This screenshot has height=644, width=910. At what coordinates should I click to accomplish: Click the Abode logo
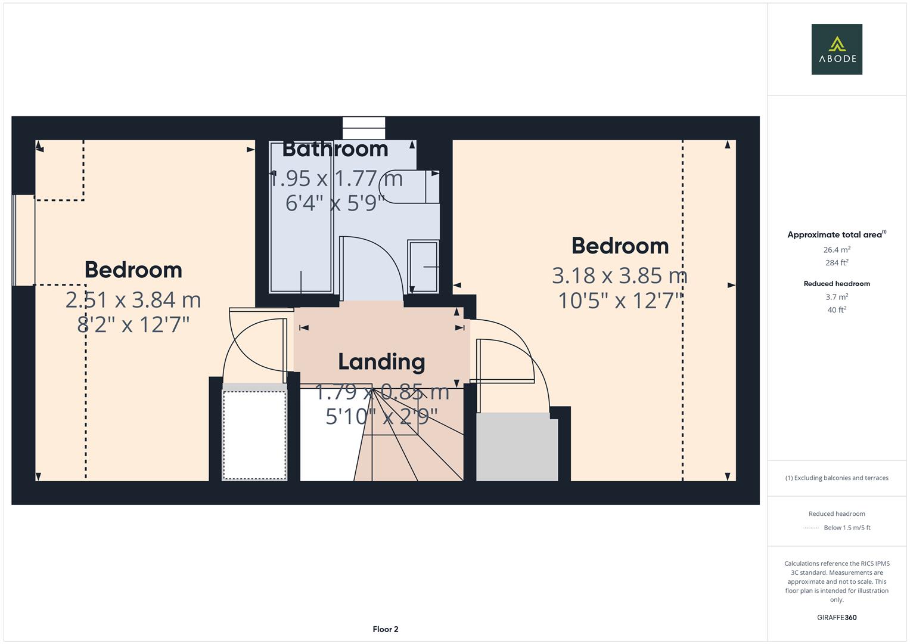pos(837,49)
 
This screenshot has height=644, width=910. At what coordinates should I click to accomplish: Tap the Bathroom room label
pos(335,149)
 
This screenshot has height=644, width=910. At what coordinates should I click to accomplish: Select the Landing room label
pos(381,362)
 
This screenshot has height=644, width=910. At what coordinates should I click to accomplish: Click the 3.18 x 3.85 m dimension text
pos(620,275)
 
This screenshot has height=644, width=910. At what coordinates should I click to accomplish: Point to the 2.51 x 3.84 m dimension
pos(133,300)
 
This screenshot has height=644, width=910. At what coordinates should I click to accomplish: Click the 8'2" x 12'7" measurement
pos(133,325)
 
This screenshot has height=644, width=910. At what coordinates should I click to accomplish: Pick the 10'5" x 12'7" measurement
pos(620,301)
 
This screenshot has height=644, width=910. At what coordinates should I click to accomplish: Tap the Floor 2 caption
pos(386,629)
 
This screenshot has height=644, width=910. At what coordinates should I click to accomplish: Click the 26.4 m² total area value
pos(837,250)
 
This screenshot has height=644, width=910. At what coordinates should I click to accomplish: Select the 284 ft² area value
pos(837,262)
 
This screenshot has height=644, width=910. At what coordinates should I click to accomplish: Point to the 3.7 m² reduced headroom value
pos(837,297)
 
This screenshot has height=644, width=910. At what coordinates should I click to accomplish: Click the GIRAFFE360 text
pos(837,617)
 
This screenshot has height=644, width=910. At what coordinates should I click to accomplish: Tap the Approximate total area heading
pos(837,234)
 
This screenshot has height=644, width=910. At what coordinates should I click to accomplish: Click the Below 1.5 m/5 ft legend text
pos(847,528)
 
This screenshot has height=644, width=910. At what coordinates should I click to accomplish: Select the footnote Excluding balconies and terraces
pos(837,478)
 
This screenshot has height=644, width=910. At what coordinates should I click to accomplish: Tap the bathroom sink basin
pos(423,267)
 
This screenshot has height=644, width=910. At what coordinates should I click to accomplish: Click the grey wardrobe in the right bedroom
pos(517,447)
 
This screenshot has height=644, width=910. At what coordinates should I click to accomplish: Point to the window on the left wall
pos(24,240)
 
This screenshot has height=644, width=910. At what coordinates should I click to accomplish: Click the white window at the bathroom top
pos(364,128)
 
